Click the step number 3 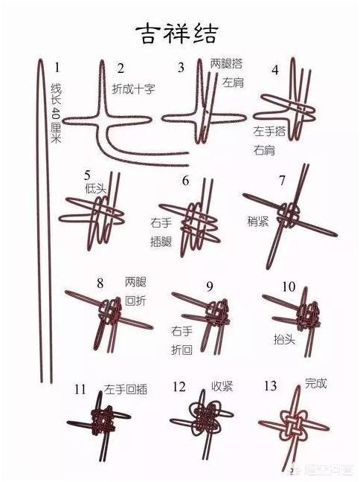(x=181, y=68)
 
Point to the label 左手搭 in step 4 (x=269, y=130)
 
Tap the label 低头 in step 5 (x=97, y=187)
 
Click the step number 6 (x=185, y=181)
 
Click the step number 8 (x=100, y=283)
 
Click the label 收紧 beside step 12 (x=222, y=386)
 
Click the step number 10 (x=289, y=286)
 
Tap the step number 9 (x=210, y=286)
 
